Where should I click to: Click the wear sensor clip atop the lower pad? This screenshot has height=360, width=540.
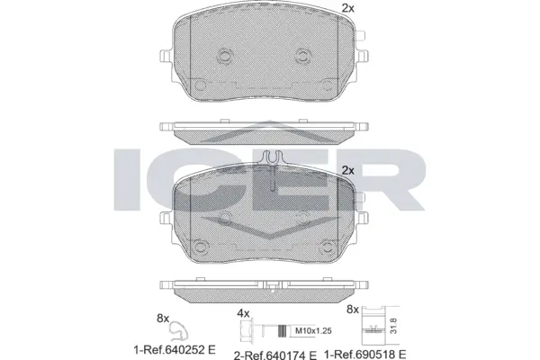270,161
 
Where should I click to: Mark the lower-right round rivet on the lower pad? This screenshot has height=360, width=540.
338,245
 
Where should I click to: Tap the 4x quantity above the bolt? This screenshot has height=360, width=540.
242,312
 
